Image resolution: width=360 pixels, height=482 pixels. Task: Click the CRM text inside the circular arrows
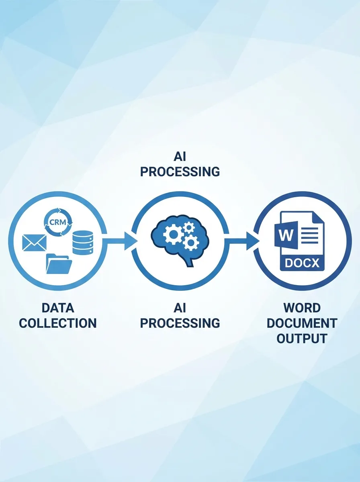(x=58, y=222)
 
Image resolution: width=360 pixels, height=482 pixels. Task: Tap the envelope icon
(x=35, y=243)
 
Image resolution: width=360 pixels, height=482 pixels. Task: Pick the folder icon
(x=59, y=264)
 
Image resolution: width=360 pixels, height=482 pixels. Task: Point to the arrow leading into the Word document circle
(x=241, y=241)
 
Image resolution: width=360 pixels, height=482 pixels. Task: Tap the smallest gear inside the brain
(x=188, y=228)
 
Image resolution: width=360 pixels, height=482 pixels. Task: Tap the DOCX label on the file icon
(x=302, y=263)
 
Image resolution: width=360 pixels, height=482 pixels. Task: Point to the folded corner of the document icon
(x=317, y=217)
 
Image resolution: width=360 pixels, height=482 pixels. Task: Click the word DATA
(x=58, y=308)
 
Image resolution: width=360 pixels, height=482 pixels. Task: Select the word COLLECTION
(x=58, y=323)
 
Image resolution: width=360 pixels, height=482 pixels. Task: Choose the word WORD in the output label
(x=302, y=308)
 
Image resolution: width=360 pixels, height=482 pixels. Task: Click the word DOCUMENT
(x=302, y=323)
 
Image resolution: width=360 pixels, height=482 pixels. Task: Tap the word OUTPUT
(x=302, y=338)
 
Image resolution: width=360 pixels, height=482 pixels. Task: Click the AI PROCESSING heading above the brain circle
(x=180, y=165)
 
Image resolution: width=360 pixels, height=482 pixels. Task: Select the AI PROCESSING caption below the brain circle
(x=180, y=316)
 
